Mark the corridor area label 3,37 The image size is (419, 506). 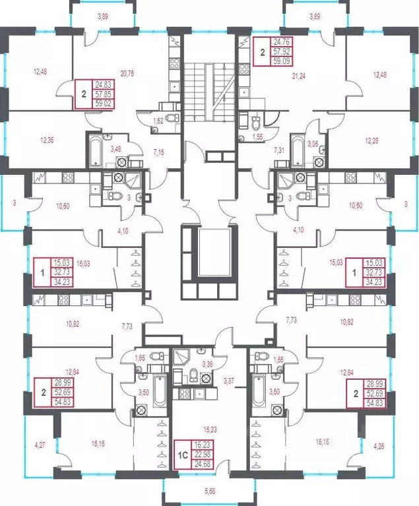click(229, 381)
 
